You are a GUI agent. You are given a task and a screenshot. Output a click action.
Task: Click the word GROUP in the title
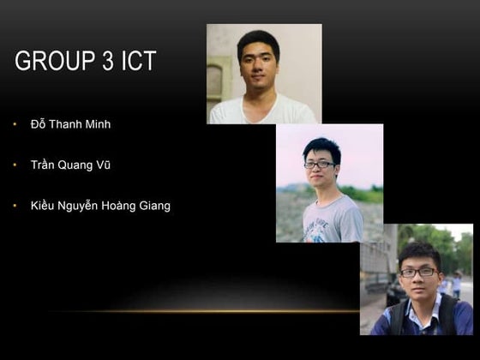pos(51,62)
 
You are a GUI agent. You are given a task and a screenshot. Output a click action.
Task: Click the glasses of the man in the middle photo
pos(319,165)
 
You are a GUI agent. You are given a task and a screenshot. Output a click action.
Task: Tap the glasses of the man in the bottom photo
pos(419,272)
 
